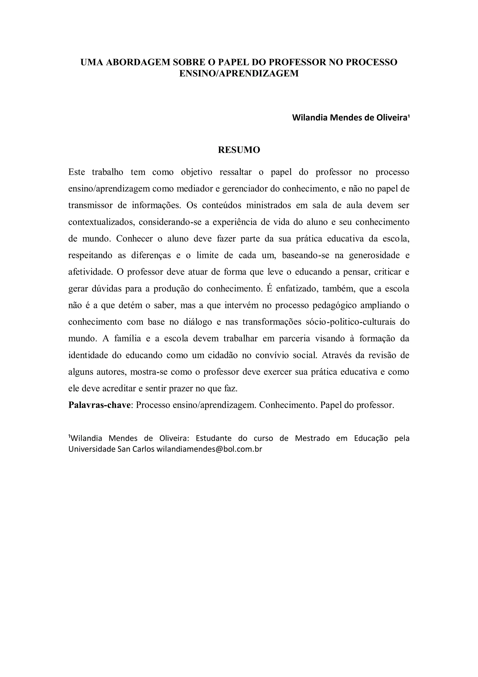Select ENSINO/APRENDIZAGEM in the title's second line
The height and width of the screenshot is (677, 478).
[x=239, y=73]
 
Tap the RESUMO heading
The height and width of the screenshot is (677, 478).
[x=239, y=150]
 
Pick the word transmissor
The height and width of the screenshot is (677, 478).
[x=90, y=205]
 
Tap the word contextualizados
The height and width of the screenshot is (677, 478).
[x=101, y=222]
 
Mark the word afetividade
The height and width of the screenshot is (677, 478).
[x=90, y=272]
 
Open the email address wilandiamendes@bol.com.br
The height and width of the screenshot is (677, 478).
[x=209, y=449]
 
